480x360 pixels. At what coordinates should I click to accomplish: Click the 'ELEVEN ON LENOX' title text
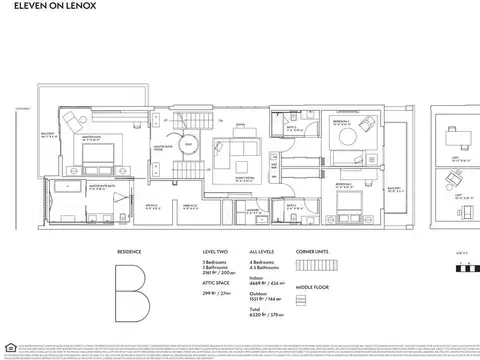44,13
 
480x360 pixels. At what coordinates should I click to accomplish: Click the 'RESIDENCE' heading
130,251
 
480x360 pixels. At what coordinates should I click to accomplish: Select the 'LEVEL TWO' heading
215,251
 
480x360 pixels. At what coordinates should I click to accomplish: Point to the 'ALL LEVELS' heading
261,251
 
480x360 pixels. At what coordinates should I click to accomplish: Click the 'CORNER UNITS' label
313,251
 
